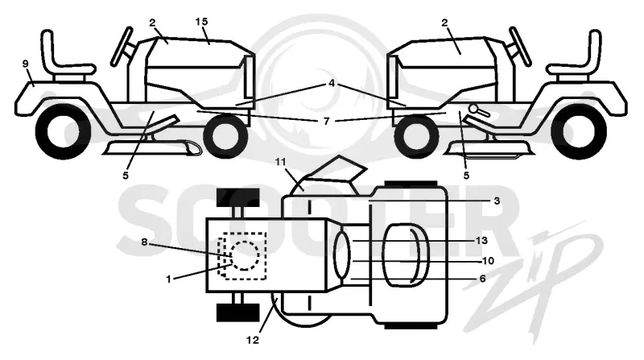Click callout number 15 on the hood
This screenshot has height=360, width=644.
[202, 22]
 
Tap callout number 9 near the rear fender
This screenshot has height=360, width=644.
[26, 64]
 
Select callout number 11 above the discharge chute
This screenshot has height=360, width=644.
[280, 162]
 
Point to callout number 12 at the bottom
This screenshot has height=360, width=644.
[253, 340]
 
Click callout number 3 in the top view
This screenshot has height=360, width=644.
[497, 201]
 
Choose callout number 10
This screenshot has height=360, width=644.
[488, 261]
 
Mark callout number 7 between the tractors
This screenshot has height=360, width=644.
[327, 122]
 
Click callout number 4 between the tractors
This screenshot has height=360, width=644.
[332, 84]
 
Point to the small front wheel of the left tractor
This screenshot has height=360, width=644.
[225, 136]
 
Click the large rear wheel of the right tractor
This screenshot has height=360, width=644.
[579, 131]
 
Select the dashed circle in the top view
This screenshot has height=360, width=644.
[245, 255]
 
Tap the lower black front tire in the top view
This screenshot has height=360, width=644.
[237, 312]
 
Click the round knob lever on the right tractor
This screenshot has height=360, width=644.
[478, 110]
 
